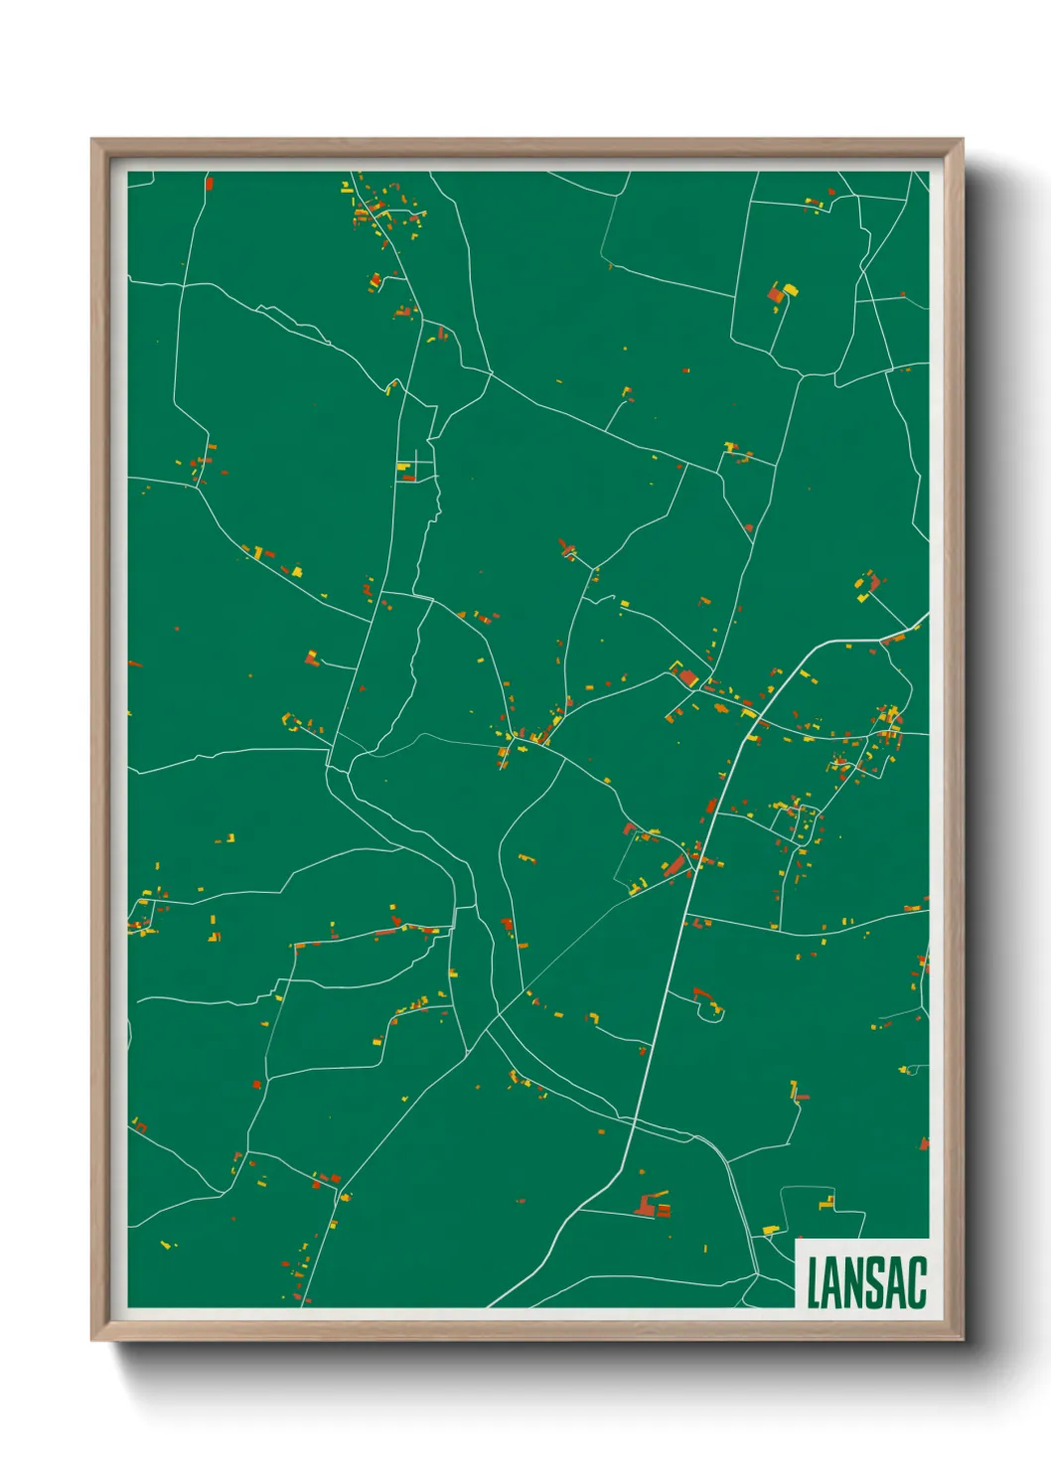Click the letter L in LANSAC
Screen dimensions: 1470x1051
814,1283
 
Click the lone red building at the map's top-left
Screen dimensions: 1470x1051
209,184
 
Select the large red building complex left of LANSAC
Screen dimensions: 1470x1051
653,1206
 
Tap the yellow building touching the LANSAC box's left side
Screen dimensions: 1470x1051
770,1231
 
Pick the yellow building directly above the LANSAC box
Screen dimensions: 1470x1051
826,1203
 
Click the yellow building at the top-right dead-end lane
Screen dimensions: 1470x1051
791,290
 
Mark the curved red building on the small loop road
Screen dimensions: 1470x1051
703,993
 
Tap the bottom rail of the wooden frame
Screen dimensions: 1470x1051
526,1330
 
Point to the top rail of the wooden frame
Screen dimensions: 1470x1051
526,147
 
